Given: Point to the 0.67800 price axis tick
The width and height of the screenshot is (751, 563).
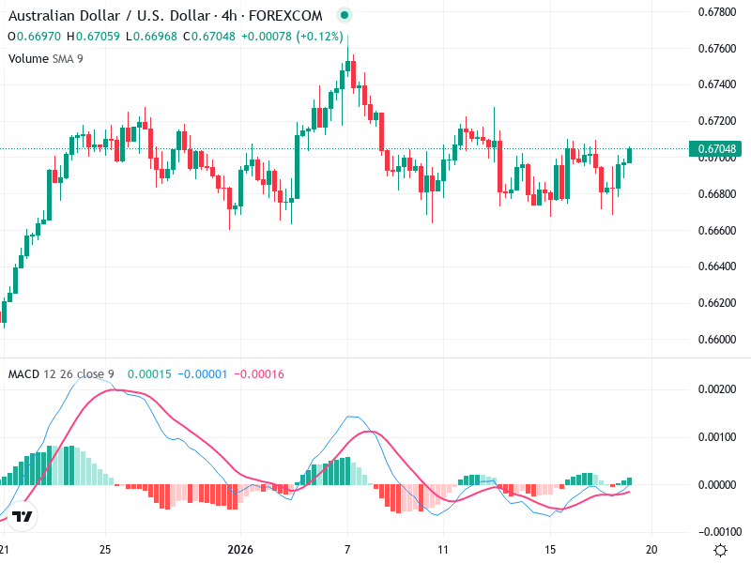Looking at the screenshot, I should [715, 12].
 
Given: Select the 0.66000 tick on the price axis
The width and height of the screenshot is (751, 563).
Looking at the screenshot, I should [715, 339].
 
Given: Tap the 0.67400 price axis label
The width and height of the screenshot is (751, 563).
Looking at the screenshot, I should [715, 84].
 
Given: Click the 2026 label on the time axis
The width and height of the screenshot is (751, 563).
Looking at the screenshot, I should [241, 550].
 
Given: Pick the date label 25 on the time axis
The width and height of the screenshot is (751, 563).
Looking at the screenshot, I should [106, 550].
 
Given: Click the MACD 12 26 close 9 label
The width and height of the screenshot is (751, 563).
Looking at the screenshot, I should [61, 374].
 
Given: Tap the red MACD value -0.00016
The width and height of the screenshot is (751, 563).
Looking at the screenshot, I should [258, 374].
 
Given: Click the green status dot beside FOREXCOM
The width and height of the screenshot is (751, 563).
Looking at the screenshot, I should [345, 16].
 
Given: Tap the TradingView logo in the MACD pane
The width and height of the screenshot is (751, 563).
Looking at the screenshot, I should [23, 517].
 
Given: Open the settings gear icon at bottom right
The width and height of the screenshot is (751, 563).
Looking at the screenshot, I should [720, 550].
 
